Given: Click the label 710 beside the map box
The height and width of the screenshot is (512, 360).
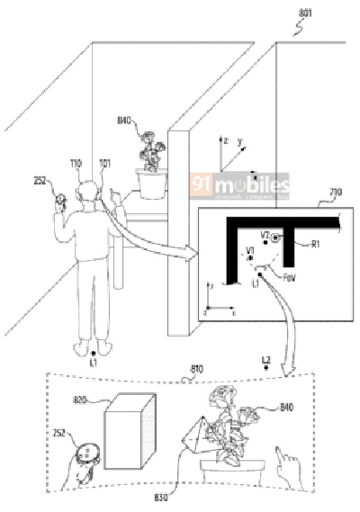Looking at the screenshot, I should [335, 193].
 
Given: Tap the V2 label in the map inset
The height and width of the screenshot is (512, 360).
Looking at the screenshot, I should [265, 234].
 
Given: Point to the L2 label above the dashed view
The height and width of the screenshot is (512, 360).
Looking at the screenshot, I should [265, 360].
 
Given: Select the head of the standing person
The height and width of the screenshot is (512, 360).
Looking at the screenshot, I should [86, 192].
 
